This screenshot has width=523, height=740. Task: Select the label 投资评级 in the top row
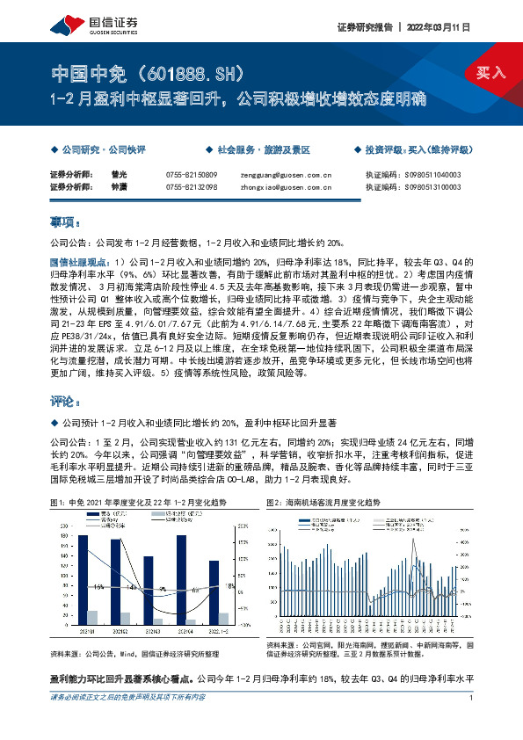point(383,150)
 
